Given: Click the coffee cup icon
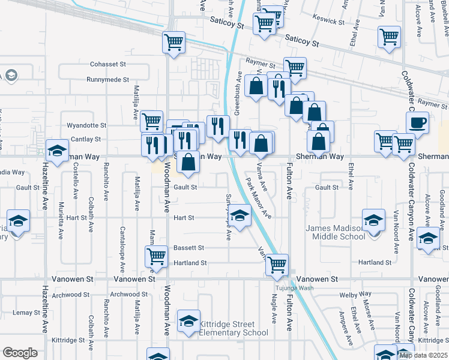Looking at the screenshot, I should pos(417,122).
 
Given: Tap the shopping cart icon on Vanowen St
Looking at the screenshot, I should pos(277,264).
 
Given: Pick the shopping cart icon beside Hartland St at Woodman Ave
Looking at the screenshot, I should pos(156,256).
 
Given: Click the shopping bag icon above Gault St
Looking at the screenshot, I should pos(188,162).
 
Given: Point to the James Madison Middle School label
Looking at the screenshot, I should pos(336,232).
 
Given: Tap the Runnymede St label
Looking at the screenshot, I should pos(107,79).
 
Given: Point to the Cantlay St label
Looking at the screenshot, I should pos(86,139).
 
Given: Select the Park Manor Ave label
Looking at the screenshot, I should pos(260,199).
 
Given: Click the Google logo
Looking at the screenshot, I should pos(20,353).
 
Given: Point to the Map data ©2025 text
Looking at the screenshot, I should pos(423,355).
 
